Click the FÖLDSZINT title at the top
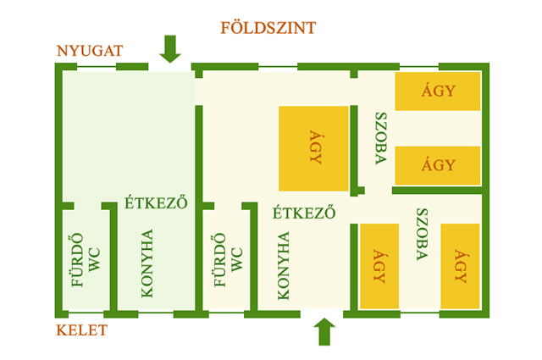pyautogui.click(x=268, y=28)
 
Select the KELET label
pyautogui.click(x=82, y=330)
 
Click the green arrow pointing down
pyautogui.click(x=170, y=48)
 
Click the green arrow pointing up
pyautogui.click(x=324, y=331)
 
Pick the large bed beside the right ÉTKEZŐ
pyautogui.click(x=313, y=148)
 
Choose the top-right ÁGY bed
pyautogui.click(x=438, y=91)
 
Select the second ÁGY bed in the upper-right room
pyautogui.click(x=438, y=164)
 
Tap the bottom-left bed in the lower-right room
pyautogui.click(x=379, y=266)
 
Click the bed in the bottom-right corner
pyautogui.click(x=461, y=266)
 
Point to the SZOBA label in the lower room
pyautogui.click(x=421, y=232)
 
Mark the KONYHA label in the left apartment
pyautogui.click(x=147, y=263)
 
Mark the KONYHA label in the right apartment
pyautogui.click(x=283, y=265)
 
